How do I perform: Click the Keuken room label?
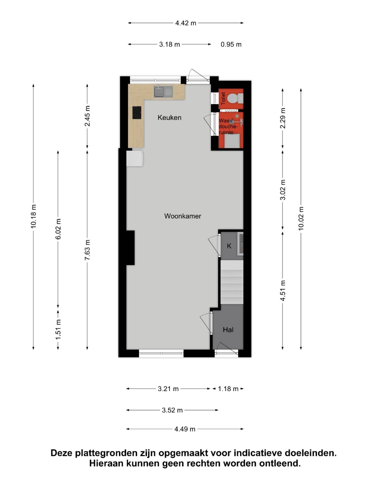(x=169, y=117)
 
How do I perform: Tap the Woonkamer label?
(x=183, y=216)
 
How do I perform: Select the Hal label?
(x=228, y=330)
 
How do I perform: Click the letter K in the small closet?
(x=229, y=246)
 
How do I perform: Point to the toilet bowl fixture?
(x=236, y=98)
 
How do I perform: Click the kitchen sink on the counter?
(x=163, y=92)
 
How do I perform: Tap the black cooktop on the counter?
(x=137, y=112)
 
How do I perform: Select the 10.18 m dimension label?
(x=33, y=216)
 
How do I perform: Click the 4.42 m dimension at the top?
(x=185, y=23)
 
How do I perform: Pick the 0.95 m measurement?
(x=231, y=44)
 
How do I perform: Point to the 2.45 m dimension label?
(x=87, y=116)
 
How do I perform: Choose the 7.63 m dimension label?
(x=87, y=250)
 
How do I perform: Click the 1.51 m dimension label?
(x=58, y=329)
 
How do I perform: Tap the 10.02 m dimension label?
(x=301, y=218)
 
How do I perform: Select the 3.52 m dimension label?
(x=172, y=410)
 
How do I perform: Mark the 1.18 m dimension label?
(x=228, y=389)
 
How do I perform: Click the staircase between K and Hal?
(x=232, y=282)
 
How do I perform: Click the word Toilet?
(x=223, y=98)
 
